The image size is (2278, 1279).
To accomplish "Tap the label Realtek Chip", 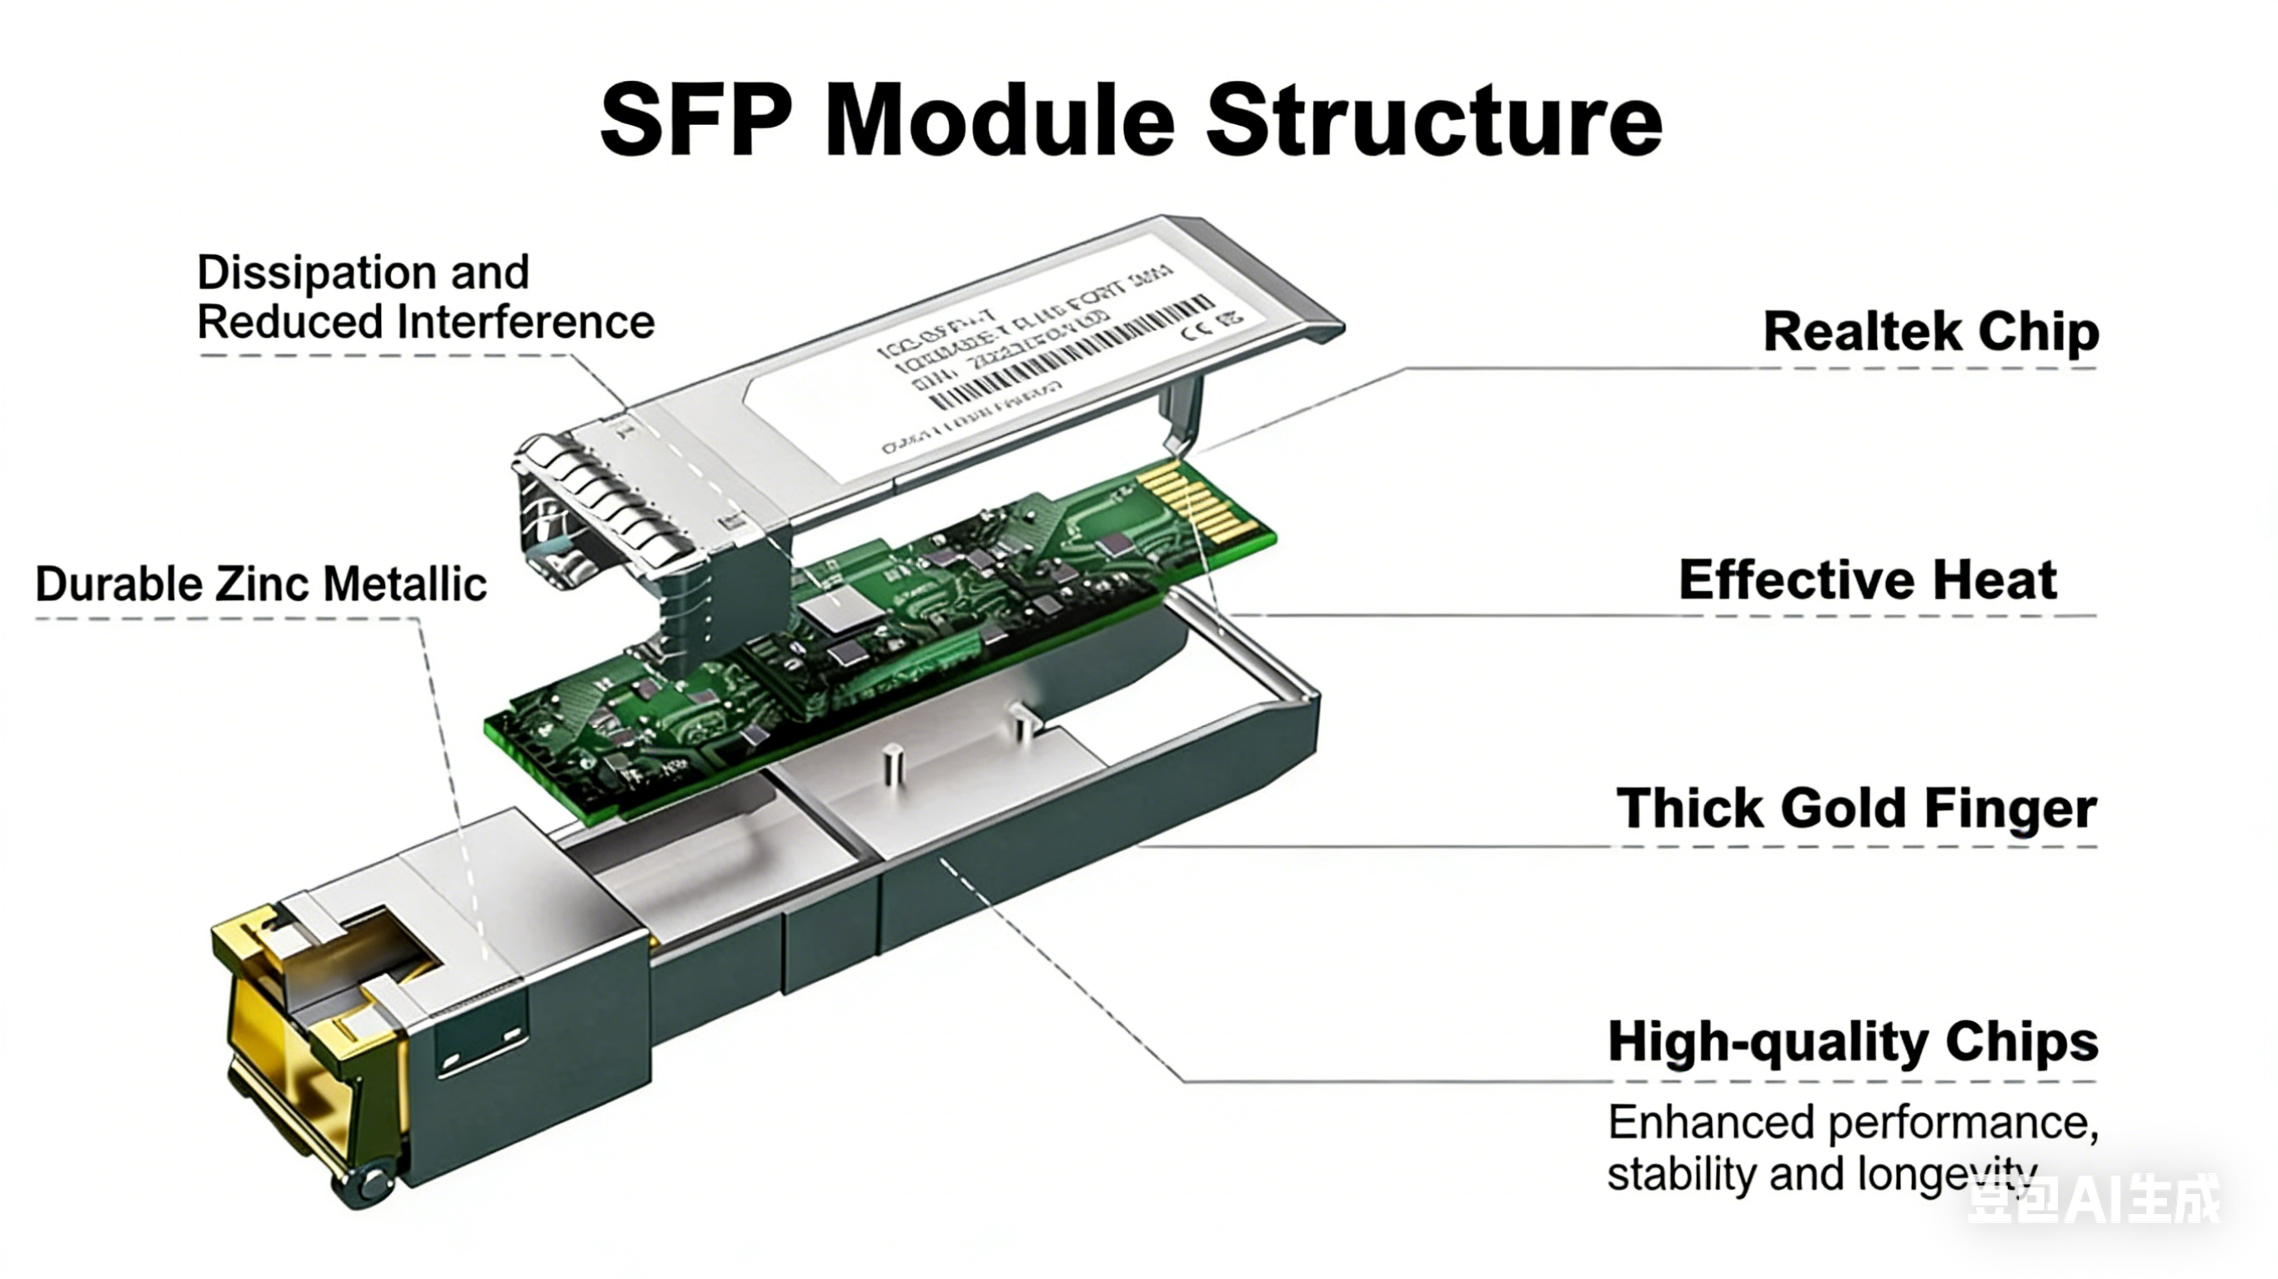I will pos(1930,332).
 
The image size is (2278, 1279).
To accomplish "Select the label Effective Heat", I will pos(1867,580).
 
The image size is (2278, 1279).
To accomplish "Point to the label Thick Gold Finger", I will pos(1855,808).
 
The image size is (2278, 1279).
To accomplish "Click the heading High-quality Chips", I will pos(1853,1041).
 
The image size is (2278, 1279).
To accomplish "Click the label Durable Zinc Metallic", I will pos(261,584).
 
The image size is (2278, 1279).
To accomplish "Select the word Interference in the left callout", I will pos(526,321).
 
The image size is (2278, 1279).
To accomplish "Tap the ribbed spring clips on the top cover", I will pos(610,495).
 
